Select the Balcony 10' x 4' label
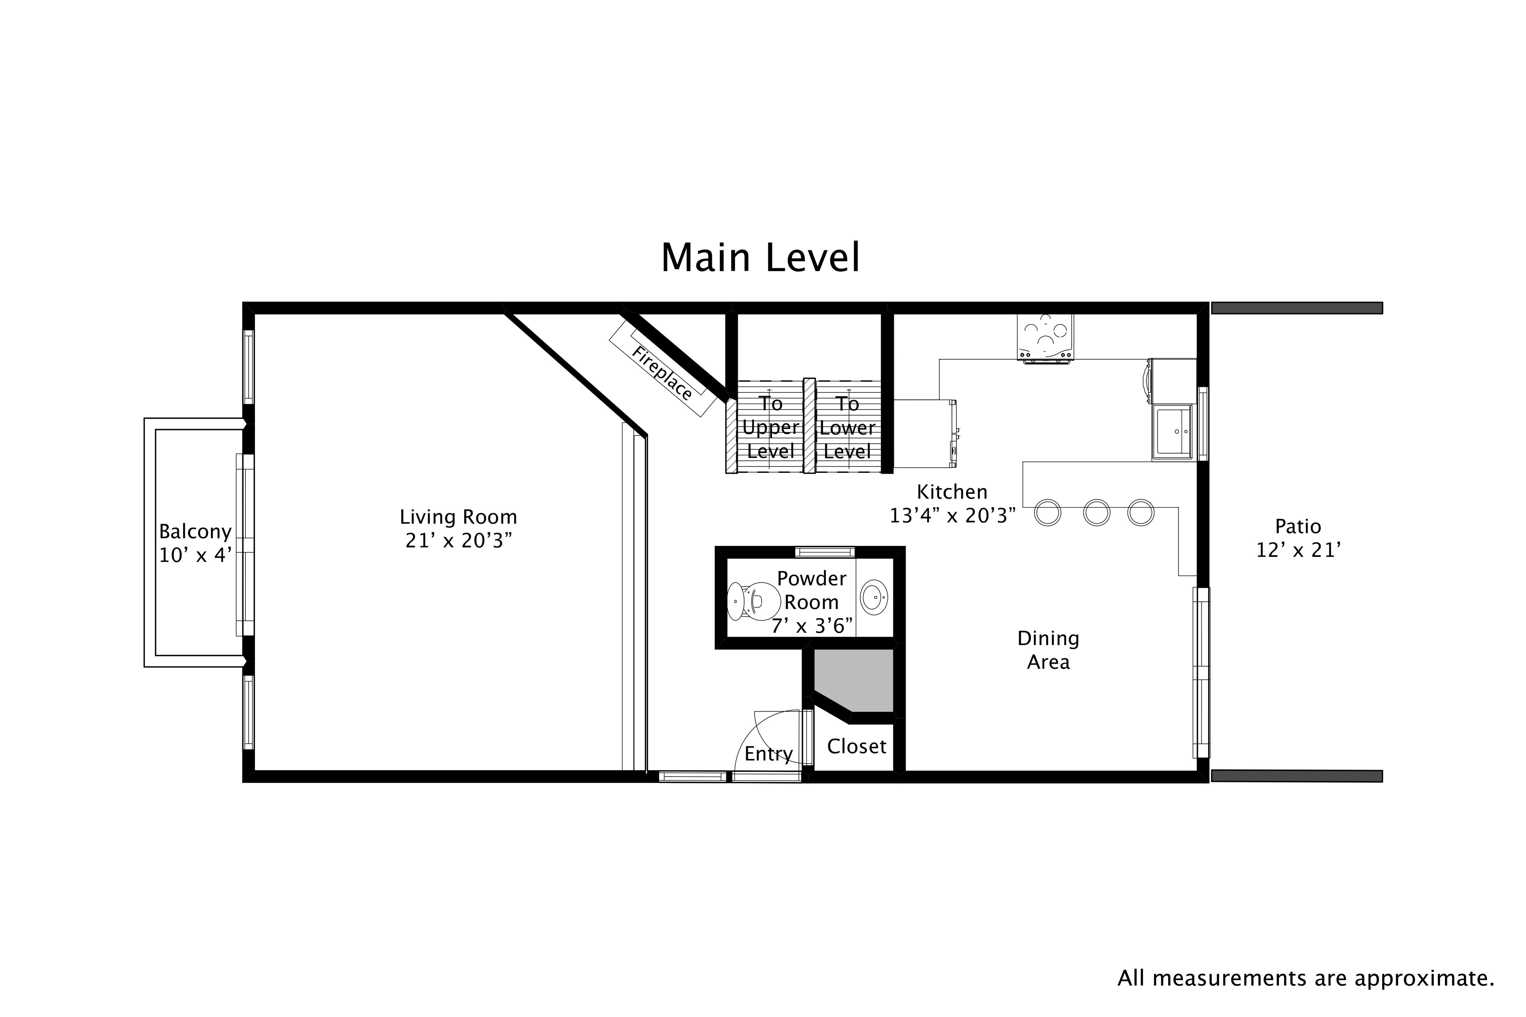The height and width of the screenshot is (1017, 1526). click(x=195, y=543)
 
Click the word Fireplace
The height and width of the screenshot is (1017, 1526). click(x=662, y=374)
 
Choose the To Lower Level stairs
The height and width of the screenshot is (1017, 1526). click(x=847, y=427)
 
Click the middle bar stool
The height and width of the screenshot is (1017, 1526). click(x=1096, y=512)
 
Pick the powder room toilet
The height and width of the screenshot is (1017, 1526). click(x=753, y=601)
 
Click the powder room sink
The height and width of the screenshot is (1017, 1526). click(x=873, y=597)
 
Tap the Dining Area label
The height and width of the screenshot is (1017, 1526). click(x=1048, y=650)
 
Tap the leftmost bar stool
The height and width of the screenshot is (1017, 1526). click(x=1047, y=512)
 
